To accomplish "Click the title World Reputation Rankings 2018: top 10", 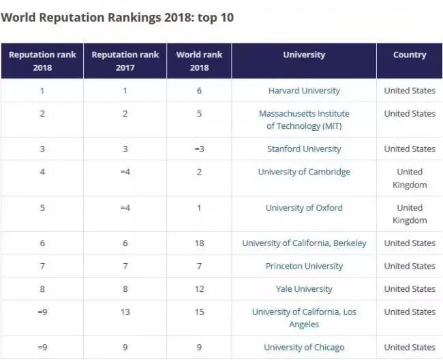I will (117, 17).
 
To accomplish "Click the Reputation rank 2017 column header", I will (125, 61).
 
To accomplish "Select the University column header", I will (304, 55).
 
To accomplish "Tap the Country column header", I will (410, 55).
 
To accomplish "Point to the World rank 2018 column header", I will (199, 61).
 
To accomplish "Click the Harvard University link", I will (304, 91).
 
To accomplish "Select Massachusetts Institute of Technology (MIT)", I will (304, 119).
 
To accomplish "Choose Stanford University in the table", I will (304, 149).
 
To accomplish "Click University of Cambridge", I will (304, 172).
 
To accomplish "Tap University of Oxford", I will (304, 207).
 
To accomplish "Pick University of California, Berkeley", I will (304, 243).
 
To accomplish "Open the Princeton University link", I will (304, 266).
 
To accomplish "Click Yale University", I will (304, 288).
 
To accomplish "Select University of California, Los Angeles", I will (304, 318).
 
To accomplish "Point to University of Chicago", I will (304, 347).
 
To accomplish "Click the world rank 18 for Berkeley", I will (199, 243).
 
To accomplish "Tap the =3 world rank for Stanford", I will (199, 149).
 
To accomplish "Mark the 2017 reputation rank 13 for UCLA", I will (125, 312).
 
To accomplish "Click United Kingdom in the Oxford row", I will (410, 213).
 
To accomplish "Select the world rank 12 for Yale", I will (199, 288).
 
